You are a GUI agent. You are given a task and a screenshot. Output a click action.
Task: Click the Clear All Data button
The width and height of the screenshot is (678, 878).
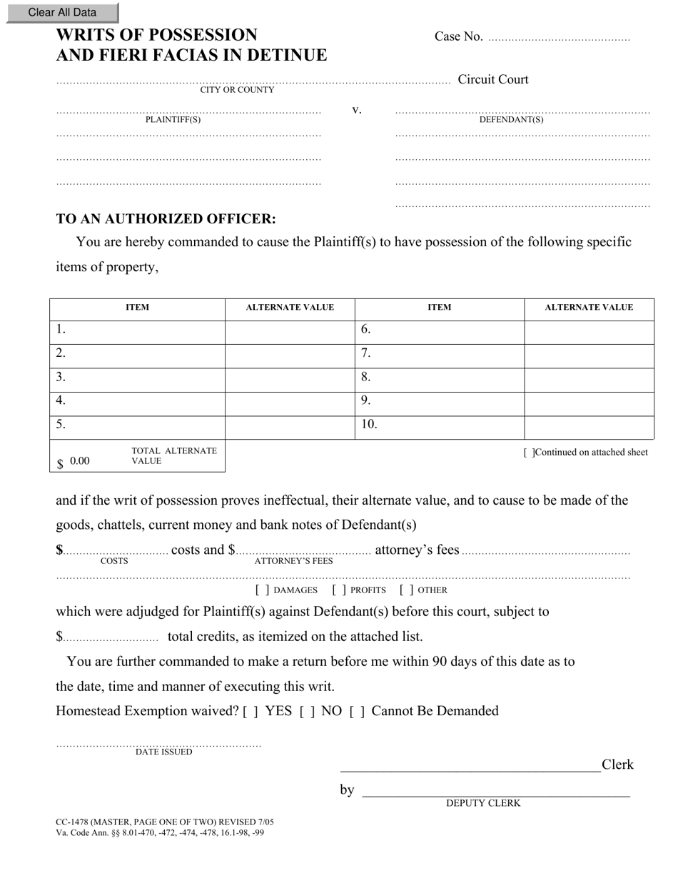point(62,12)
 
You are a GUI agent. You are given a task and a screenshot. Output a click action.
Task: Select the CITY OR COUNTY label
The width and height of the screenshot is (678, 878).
point(237,90)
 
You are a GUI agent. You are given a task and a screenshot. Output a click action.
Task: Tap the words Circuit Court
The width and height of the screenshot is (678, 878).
point(493,79)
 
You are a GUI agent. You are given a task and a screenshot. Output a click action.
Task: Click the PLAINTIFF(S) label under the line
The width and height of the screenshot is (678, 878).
point(173,120)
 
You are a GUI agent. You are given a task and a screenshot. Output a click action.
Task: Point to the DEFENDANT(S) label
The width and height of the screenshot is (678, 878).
point(511,120)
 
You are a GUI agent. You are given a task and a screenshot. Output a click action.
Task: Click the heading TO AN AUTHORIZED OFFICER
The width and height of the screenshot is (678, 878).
point(166,219)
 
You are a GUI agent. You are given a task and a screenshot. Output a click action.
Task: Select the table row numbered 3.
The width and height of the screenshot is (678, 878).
point(137,377)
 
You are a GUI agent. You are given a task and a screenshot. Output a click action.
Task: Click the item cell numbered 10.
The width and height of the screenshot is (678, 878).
point(439,425)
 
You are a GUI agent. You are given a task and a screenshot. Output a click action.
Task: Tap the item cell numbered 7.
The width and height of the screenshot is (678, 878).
point(439,353)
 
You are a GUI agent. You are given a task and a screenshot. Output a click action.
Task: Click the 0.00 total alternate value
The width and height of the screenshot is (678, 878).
point(80,461)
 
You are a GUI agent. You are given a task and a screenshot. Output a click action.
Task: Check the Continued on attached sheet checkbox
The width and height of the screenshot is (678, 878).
point(528,453)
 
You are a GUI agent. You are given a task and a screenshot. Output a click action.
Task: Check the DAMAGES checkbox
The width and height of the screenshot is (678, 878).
point(262,590)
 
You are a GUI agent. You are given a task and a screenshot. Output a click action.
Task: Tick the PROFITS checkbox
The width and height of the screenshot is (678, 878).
point(339,590)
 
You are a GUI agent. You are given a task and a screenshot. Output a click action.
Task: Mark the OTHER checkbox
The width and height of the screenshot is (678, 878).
point(407,590)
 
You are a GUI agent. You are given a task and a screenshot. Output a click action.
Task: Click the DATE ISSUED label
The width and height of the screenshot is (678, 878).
point(163,752)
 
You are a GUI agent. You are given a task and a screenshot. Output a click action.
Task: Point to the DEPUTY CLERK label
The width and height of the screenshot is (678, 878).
point(483,803)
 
